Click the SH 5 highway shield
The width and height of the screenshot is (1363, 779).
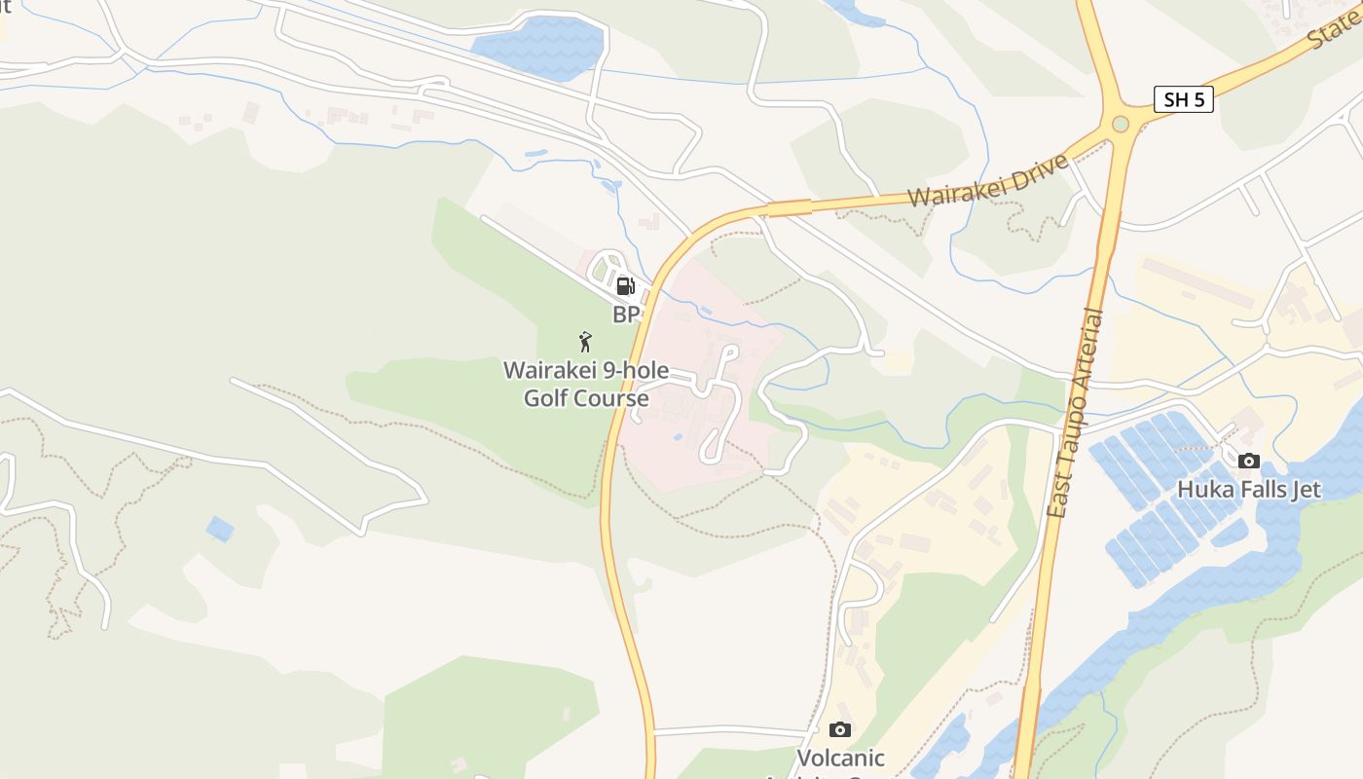tap(1183, 99)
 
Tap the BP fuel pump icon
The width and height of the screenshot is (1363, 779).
tap(626, 286)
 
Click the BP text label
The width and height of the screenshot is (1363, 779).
tap(626, 315)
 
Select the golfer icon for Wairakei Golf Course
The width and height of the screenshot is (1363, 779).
tap(585, 342)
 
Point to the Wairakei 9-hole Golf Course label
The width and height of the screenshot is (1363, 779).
tap(586, 384)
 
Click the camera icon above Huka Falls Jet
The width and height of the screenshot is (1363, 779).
tap(1248, 461)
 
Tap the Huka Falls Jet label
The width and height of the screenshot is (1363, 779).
tap(1249, 489)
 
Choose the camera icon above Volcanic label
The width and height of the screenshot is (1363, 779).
tap(839, 729)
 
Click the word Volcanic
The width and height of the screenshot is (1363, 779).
tap(841, 758)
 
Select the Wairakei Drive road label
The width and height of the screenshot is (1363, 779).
tap(989, 179)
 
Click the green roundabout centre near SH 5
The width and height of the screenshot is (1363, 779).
tap(1121, 124)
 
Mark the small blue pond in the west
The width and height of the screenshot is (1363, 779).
tap(220, 529)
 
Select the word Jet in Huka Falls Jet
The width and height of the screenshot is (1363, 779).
tap(1306, 489)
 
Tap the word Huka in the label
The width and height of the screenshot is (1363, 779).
tap(1201, 489)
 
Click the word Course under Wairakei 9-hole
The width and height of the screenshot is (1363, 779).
tap(610, 398)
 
